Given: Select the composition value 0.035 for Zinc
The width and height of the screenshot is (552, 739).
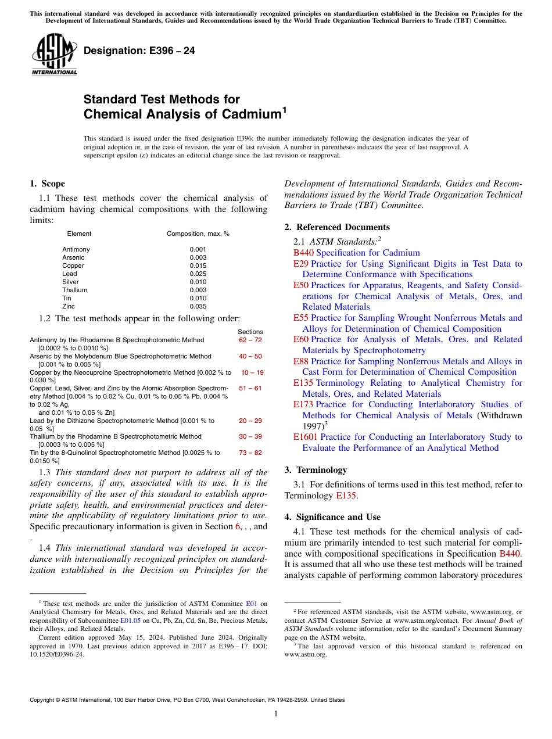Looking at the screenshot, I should pos(198,306).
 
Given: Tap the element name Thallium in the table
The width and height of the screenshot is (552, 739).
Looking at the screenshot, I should pos(74,290).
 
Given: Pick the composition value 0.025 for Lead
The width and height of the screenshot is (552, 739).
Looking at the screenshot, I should pos(198,274).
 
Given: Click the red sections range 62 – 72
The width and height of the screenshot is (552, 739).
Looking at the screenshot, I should pos(250,340).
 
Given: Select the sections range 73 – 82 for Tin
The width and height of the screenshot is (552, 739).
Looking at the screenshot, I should pos(250,453).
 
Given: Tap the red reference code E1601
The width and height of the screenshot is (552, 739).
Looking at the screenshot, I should pos(306,437).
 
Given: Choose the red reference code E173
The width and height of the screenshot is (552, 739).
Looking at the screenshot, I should pos(303,404).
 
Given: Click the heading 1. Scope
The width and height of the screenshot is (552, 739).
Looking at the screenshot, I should pos(47,184).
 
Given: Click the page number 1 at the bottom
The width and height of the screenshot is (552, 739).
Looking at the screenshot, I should pos(276,714).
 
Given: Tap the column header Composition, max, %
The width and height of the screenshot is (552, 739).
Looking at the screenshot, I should pos(198,234).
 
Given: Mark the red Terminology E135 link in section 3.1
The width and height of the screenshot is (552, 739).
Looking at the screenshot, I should pos(346,496).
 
